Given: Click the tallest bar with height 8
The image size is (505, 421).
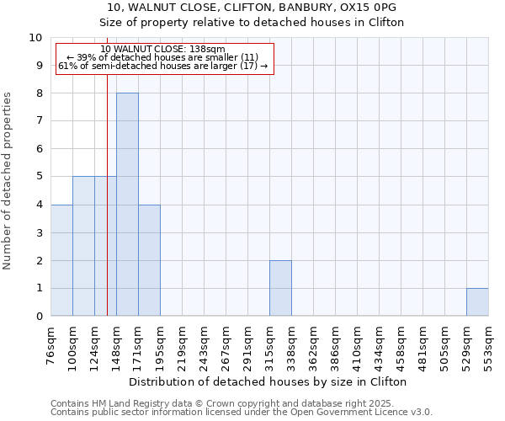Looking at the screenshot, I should [x=127, y=205].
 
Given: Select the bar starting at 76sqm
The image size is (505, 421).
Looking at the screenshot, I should [x=61, y=260].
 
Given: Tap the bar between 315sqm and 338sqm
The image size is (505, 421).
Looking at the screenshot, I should [x=280, y=288].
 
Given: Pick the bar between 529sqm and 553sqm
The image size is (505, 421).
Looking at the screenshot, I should [x=477, y=302].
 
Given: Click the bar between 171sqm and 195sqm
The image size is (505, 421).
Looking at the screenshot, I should [x=149, y=260].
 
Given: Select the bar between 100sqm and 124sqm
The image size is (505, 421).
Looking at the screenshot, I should [x=83, y=246].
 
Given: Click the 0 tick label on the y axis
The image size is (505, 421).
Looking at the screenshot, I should [x=39, y=317].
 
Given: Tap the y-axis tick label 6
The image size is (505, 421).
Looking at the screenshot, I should [x=39, y=149].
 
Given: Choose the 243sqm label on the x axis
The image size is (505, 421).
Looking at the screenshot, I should [x=204, y=344].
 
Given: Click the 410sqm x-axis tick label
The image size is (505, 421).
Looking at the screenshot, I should [x=357, y=344].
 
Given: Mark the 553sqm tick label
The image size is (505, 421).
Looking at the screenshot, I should [x=488, y=344].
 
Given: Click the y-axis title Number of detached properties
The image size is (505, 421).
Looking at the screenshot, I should [x=8, y=181].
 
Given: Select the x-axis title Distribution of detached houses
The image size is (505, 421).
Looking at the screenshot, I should [x=269, y=381].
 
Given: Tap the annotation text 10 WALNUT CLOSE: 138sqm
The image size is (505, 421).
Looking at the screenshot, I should [x=162, y=49].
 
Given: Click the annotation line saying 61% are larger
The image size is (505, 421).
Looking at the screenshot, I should [x=162, y=66].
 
